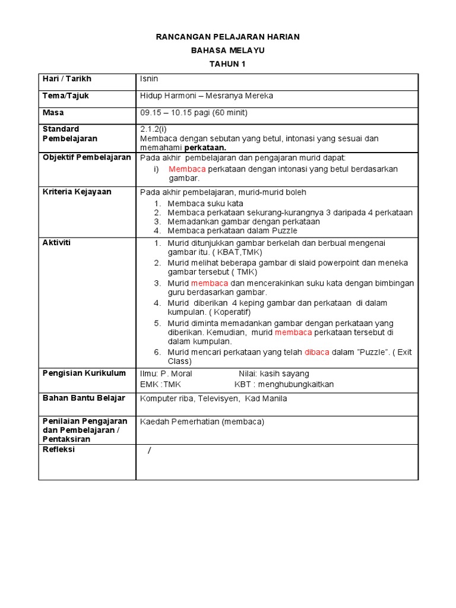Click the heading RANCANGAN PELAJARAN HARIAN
click(227, 37)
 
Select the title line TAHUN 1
click(227, 64)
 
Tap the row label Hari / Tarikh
click(66, 79)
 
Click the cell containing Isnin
click(149, 79)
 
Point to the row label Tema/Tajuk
click(65, 96)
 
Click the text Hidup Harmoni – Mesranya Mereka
click(206, 96)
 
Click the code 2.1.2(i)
click(154, 129)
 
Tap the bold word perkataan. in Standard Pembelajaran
click(205, 148)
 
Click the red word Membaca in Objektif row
click(187, 169)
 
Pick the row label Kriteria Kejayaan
click(77, 192)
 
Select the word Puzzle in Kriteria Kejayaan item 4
click(285, 230)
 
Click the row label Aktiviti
click(56, 243)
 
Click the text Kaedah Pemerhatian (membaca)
click(202, 422)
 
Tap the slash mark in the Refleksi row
click(150, 451)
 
